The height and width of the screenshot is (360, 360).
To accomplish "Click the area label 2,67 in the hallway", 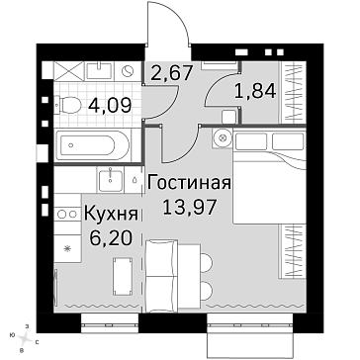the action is [171, 73].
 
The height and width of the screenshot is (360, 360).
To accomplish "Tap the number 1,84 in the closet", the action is [255, 91].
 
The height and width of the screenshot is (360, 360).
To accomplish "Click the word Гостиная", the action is [189, 183].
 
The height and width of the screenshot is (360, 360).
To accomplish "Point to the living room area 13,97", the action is [190, 208].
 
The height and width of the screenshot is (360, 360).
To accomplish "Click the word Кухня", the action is [111, 214].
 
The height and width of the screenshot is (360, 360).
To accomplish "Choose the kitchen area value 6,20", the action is [111, 238].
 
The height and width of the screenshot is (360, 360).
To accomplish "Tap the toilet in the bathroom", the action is [67, 106].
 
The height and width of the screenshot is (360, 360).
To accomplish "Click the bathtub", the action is [93, 144].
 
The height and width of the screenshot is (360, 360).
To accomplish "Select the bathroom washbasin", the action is [99, 71].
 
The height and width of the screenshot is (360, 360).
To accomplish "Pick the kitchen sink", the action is [111, 180].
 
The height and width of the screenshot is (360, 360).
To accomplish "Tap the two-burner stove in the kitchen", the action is [67, 214].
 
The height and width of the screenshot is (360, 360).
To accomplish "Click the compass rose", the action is [24, 338].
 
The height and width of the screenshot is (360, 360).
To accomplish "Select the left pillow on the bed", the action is [251, 141].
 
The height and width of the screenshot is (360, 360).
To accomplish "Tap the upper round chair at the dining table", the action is [206, 263].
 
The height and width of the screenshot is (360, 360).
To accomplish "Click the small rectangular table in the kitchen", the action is [123, 276].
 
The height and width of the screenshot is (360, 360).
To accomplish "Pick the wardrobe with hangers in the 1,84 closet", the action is [293, 93].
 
